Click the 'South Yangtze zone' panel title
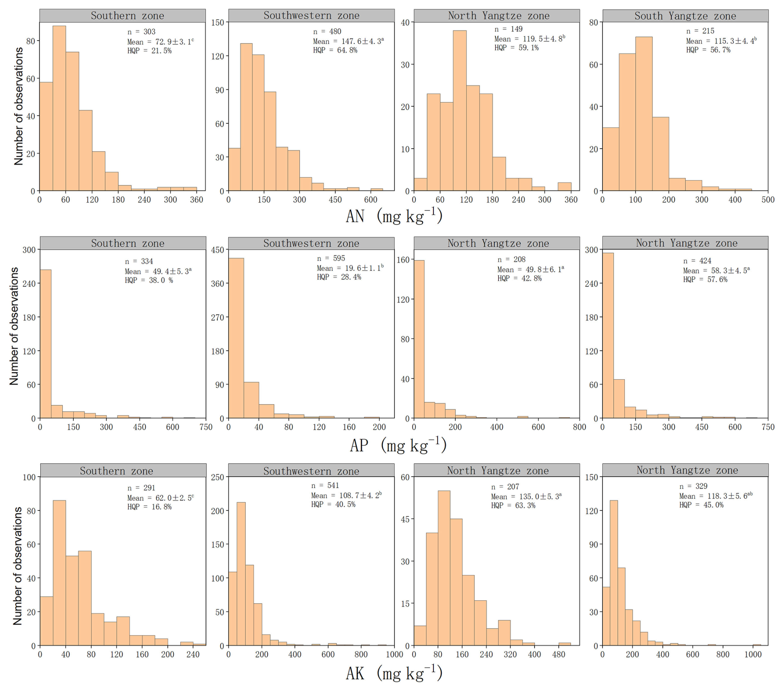pyautogui.click(x=685, y=16)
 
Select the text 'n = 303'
pyautogui.click(x=141, y=32)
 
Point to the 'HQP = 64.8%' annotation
pyautogui.click(x=335, y=51)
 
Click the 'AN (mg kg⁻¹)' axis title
pyautogui.click(x=394, y=216)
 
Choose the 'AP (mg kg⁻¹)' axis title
pyautogui.click(x=398, y=445)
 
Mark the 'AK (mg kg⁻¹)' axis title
pyautogui.click(x=394, y=673)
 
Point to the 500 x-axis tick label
pyautogui.click(x=768, y=200)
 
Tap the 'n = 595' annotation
pyautogui.click(x=331, y=258)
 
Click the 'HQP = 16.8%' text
pyautogui.click(x=149, y=507)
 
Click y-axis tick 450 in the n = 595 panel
pyautogui.click(x=218, y=250)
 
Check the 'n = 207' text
pyautogui.click(x=505, y=487)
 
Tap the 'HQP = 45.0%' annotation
pyautogui.click(x=701, y=505)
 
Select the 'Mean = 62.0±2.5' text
pyautogui.click(x=160, y=498)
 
